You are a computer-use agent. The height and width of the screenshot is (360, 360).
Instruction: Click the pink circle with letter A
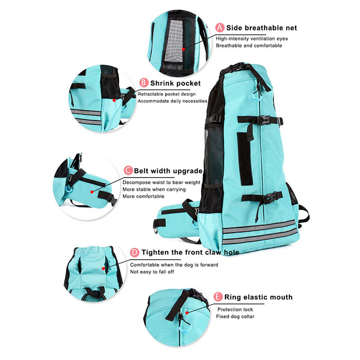click(x=220, y=27)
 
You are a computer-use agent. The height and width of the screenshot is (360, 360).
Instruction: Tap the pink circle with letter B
click(x=144, y=83)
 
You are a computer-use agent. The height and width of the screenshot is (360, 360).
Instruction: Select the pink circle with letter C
click(x=128, y=171)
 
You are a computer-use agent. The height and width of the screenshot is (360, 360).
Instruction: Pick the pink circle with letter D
click(x=135, y=252)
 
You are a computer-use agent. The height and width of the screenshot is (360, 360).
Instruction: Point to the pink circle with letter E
click(x=218, y=297)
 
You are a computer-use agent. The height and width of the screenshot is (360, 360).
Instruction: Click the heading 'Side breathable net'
click(x=261, y=28)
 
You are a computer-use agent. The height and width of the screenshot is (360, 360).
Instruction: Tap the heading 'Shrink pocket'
click(x=175, y=83)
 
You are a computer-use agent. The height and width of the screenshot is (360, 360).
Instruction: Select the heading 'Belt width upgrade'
click(x=168, y=171)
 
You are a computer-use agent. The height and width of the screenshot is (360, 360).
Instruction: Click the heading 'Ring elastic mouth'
click(x=258, y=297)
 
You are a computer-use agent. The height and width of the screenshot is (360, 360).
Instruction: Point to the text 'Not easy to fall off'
click(x=152, y=272)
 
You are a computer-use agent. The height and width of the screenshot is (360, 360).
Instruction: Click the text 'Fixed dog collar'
click(x=235, y=316)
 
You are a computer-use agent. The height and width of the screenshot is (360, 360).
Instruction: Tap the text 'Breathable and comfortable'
click(x=249, y=45)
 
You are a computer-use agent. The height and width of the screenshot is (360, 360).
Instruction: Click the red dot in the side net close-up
click(x=184, y=49)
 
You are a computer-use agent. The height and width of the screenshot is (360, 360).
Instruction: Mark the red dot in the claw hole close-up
click(x=103, y=268)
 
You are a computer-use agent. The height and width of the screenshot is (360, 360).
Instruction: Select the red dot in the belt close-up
click(x=92, y=192)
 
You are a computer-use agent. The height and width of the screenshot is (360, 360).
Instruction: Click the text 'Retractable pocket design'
click(x=166, y=94)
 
